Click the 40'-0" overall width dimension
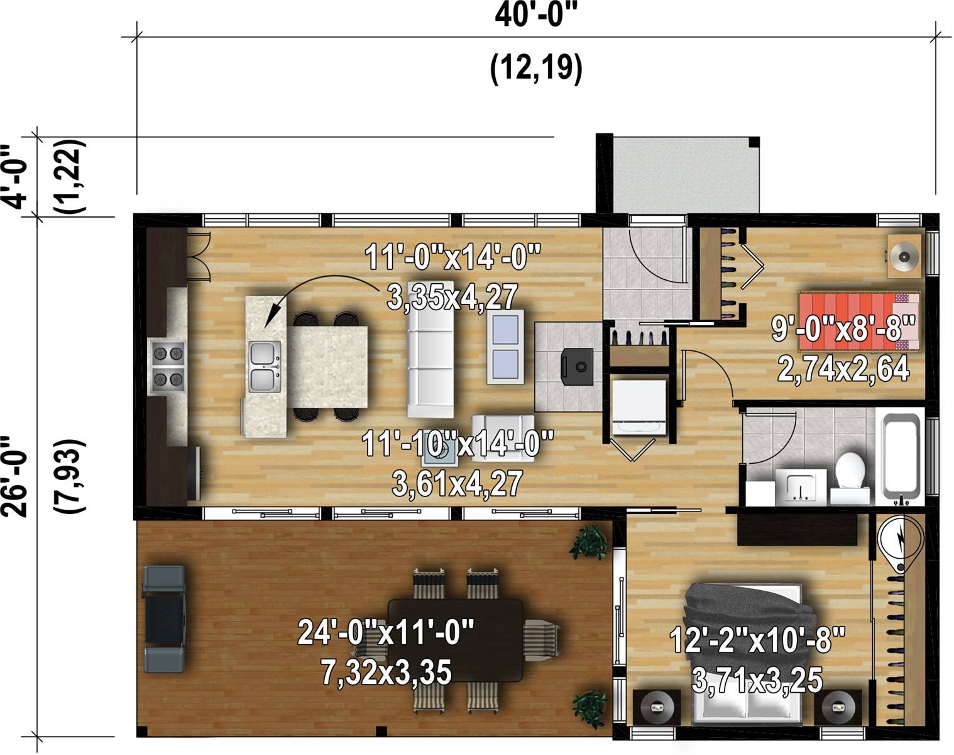535,16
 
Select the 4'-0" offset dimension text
15,177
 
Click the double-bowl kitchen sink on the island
264,367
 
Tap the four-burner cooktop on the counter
168,367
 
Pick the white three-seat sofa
430,349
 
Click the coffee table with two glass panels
505,347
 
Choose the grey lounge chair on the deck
164,618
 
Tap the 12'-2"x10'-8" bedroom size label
757,640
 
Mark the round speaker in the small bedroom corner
904,256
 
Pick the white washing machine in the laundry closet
639,406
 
